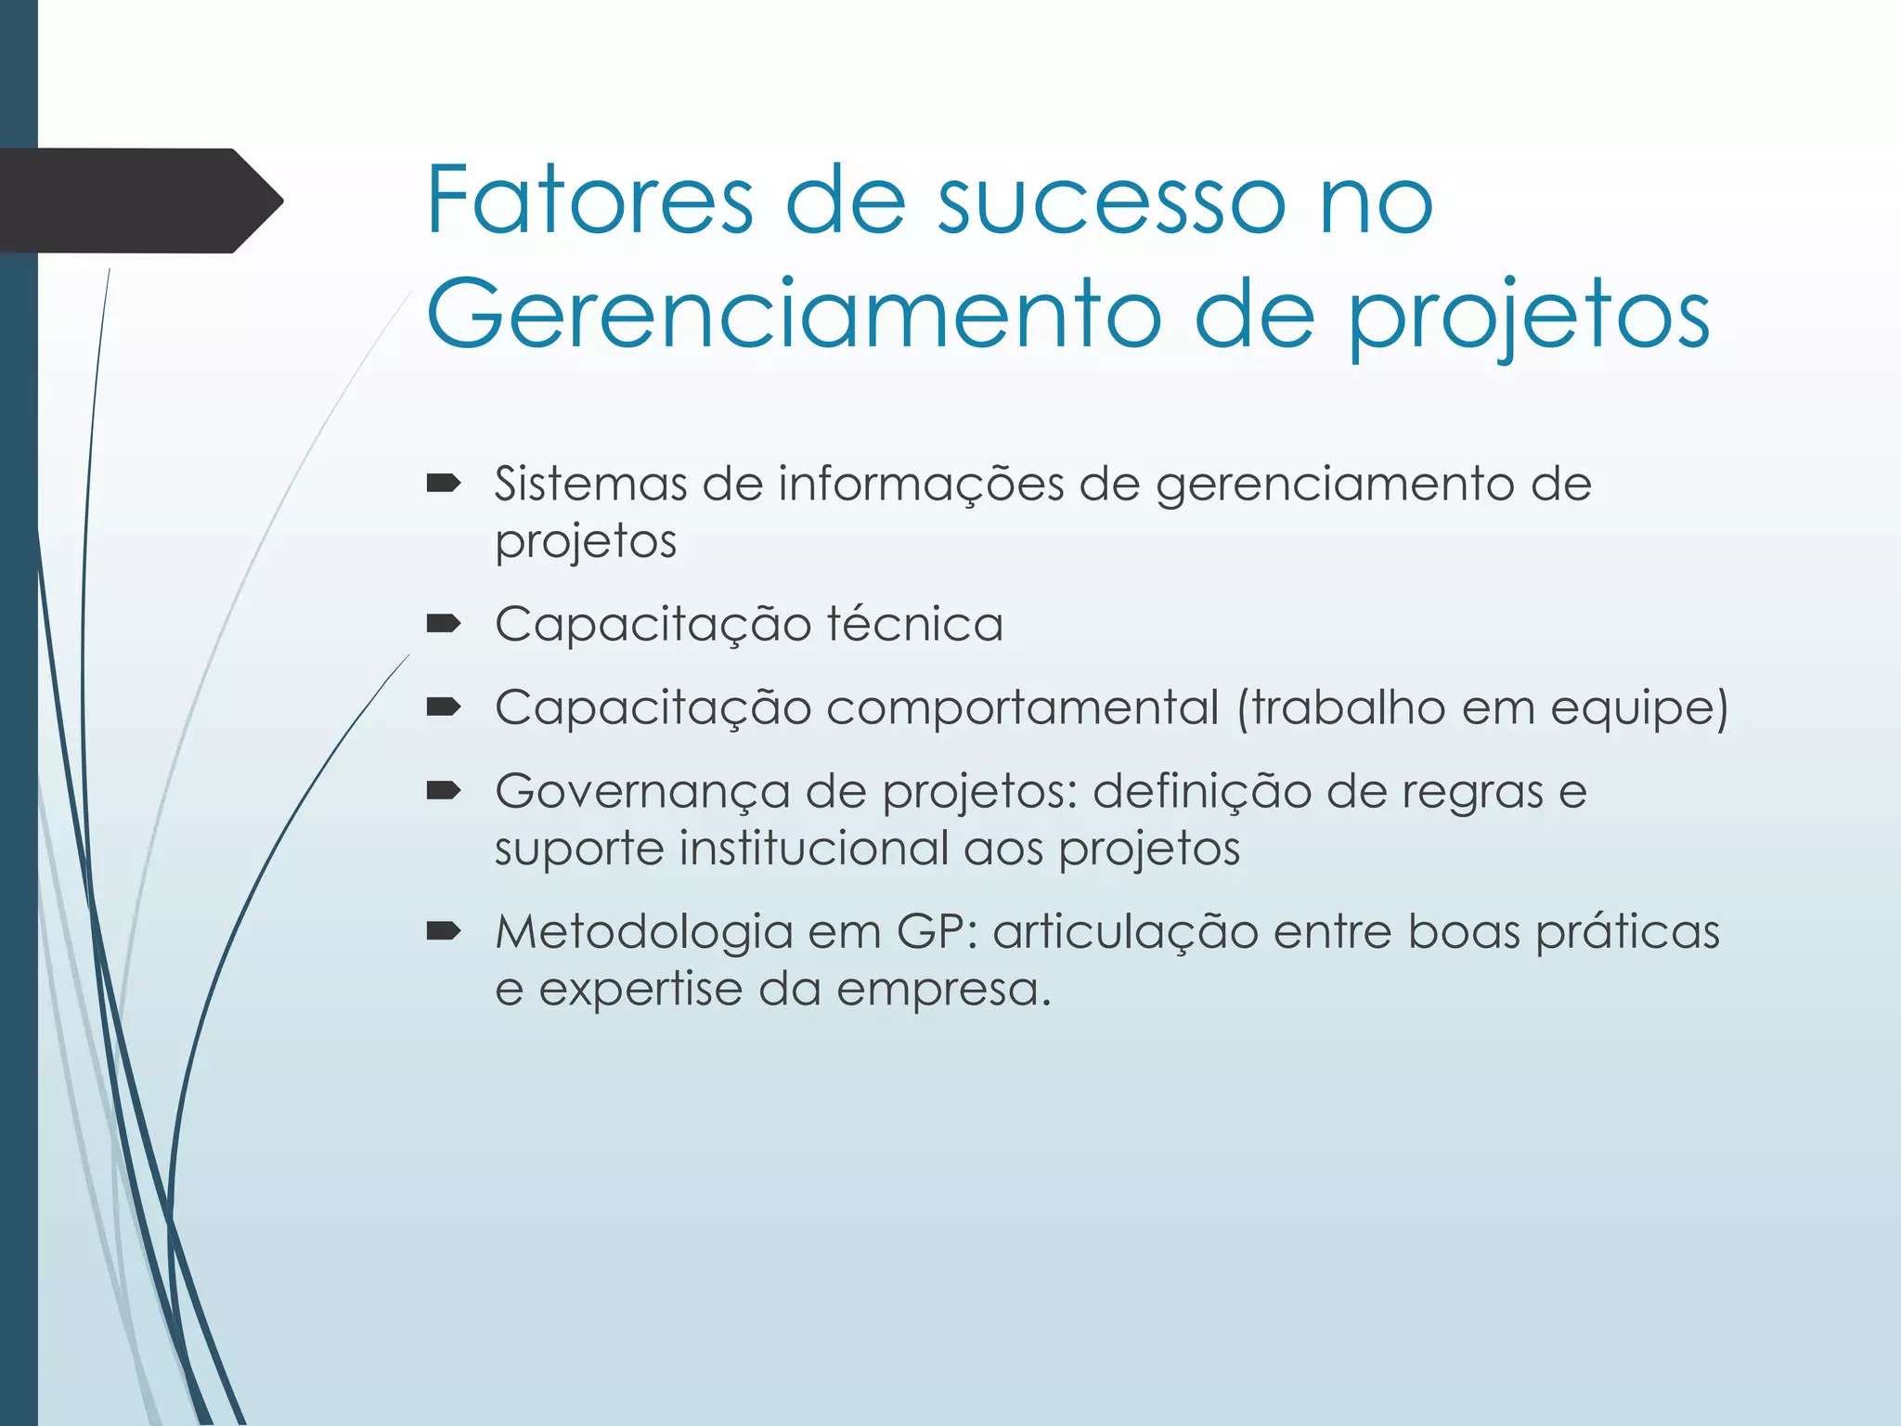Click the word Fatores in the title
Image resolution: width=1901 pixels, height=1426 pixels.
point(589,200)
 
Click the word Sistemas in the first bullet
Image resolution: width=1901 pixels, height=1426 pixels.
point(589,484)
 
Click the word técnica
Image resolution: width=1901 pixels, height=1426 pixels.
point(914,623)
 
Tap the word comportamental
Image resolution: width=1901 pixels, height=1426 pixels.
point(1022,707)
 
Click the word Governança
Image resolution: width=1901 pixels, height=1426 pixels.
point(641,792)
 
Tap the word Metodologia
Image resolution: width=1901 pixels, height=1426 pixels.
point(643,932)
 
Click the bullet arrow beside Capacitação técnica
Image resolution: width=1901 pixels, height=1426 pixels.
point(444,623)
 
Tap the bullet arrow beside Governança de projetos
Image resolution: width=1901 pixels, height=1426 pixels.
point(444,791)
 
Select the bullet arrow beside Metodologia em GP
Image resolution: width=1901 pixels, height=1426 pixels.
point(444,931)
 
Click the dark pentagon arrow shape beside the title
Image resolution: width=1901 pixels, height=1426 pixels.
point(139,201)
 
